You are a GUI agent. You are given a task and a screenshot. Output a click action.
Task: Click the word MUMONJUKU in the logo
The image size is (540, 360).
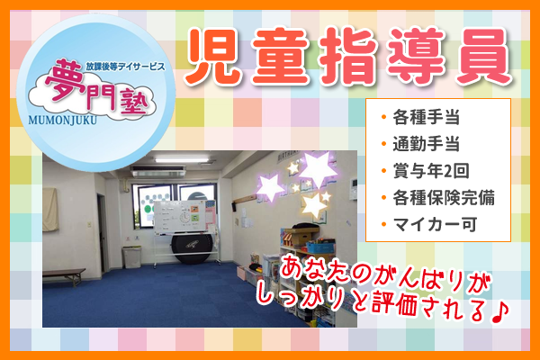point(62,120)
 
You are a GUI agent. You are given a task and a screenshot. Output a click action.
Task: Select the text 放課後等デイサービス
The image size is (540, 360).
point(125,67)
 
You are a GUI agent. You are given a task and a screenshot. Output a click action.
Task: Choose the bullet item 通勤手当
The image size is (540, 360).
point(426,144)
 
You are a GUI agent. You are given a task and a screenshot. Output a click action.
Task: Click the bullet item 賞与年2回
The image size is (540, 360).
point(431,171)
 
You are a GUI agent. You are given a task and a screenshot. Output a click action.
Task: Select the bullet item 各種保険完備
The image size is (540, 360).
point(444,198)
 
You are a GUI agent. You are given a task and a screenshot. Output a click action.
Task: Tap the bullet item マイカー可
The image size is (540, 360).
point(435,225)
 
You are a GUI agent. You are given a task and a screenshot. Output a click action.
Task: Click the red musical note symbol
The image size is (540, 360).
point(499,311)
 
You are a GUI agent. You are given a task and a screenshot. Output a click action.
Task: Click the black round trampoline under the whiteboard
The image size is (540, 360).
point(192,248)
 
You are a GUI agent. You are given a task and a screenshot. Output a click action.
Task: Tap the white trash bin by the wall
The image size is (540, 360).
point(132,256)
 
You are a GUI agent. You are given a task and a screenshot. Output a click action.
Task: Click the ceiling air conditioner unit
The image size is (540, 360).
point(158,171)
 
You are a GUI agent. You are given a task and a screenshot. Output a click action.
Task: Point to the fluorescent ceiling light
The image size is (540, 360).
point(182,160)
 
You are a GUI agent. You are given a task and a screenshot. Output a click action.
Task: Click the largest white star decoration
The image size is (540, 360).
point(317,169)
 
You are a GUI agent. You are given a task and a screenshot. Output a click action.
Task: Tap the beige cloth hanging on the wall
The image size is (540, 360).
point(50,210)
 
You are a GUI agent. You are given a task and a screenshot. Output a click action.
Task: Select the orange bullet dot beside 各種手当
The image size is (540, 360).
point(383,117)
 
